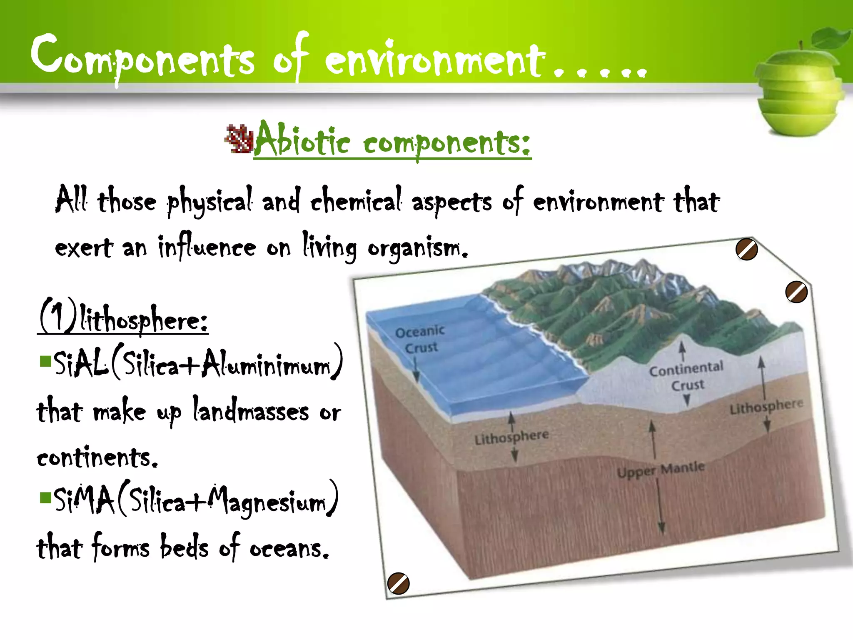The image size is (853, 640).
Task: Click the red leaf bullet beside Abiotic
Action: tap(239, 139)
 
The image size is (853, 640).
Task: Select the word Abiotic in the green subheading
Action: tap(302, 140)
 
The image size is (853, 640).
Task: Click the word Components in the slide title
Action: tap(142, 58)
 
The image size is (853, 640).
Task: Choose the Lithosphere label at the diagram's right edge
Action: tap(766, 406)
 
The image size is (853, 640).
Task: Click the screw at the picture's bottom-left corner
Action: tap(398, 583)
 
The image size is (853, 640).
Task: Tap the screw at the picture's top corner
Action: tap(746, 250)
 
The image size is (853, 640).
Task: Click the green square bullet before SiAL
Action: tap(45, 361)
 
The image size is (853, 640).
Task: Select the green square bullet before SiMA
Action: tap(45, 497)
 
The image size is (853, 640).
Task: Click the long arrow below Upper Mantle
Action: tap(661, 506)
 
